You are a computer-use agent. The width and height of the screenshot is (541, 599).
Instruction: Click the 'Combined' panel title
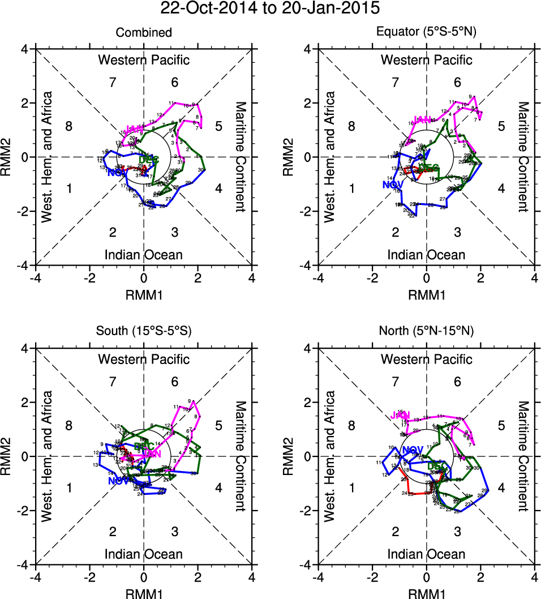(x=144, y=33)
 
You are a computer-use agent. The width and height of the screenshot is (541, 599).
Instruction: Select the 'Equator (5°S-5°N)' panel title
(x=427, y=33)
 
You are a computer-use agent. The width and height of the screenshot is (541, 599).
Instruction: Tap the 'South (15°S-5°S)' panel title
(x=144, y=332)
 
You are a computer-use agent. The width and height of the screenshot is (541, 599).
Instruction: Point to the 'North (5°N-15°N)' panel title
(x=427, y=332)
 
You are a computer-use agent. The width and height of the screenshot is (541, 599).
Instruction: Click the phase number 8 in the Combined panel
(x=69, y=126)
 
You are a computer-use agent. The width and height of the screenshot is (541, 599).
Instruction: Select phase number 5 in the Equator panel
(x=501, y=126)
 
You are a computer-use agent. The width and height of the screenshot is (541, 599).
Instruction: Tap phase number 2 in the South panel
(x=113, y=532)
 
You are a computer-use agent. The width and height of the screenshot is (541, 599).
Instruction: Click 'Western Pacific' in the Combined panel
(x=144, y=60)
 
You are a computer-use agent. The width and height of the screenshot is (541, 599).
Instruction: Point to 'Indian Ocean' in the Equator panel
(x=427, y=255)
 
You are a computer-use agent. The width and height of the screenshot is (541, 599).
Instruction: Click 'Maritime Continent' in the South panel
(x=241, y=456)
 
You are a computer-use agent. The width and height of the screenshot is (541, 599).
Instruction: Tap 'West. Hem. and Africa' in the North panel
(x=330, y=456)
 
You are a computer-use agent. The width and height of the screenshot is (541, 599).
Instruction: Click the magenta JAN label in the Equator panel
(x=423, y=119)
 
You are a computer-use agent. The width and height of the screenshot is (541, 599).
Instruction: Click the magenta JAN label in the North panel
(x=400, y=416)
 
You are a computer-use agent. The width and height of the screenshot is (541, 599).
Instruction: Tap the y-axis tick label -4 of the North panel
(x=308, y=564)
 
